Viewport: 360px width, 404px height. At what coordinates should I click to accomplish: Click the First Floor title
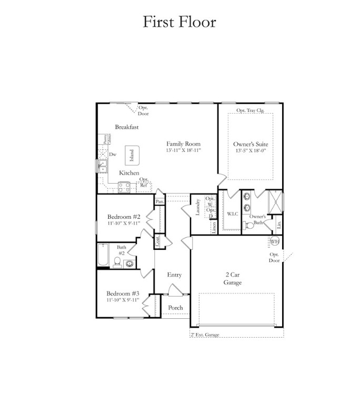[x=179, y=22]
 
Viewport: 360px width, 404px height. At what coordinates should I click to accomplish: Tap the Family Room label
[x=184, y=144]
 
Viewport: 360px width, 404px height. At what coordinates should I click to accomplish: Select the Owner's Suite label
[x=250, y=144]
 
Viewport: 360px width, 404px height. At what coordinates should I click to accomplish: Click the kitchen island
[x=131, y=155]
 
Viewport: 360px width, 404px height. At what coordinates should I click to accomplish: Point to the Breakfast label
[x=127, y=127]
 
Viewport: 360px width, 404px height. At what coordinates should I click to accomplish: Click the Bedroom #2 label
[x=123, y=216]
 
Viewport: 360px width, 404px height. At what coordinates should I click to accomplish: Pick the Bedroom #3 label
[x=123, y=293]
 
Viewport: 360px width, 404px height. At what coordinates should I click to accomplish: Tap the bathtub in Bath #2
[x=104, y=257]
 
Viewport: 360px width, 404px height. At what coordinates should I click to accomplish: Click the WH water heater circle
[x=274, y=241]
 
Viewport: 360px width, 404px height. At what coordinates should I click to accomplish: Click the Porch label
[x=175, y=308]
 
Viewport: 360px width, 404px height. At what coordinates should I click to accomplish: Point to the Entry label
[x=174, y=275]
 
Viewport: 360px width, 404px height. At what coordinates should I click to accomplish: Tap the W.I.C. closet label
[x=233, y=214]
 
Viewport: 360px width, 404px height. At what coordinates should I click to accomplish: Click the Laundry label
[x=198, y=208]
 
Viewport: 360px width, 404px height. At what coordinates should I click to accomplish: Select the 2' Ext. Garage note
[x=206, y=335]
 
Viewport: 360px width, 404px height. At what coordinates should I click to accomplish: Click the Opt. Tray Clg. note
[x=250, y=110]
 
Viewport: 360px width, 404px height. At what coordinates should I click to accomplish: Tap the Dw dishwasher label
[x=113, y=155]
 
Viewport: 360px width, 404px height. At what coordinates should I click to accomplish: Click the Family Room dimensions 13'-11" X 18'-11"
[x=184, y=150]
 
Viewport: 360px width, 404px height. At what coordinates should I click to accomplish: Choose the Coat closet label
[x=157, y=241]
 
